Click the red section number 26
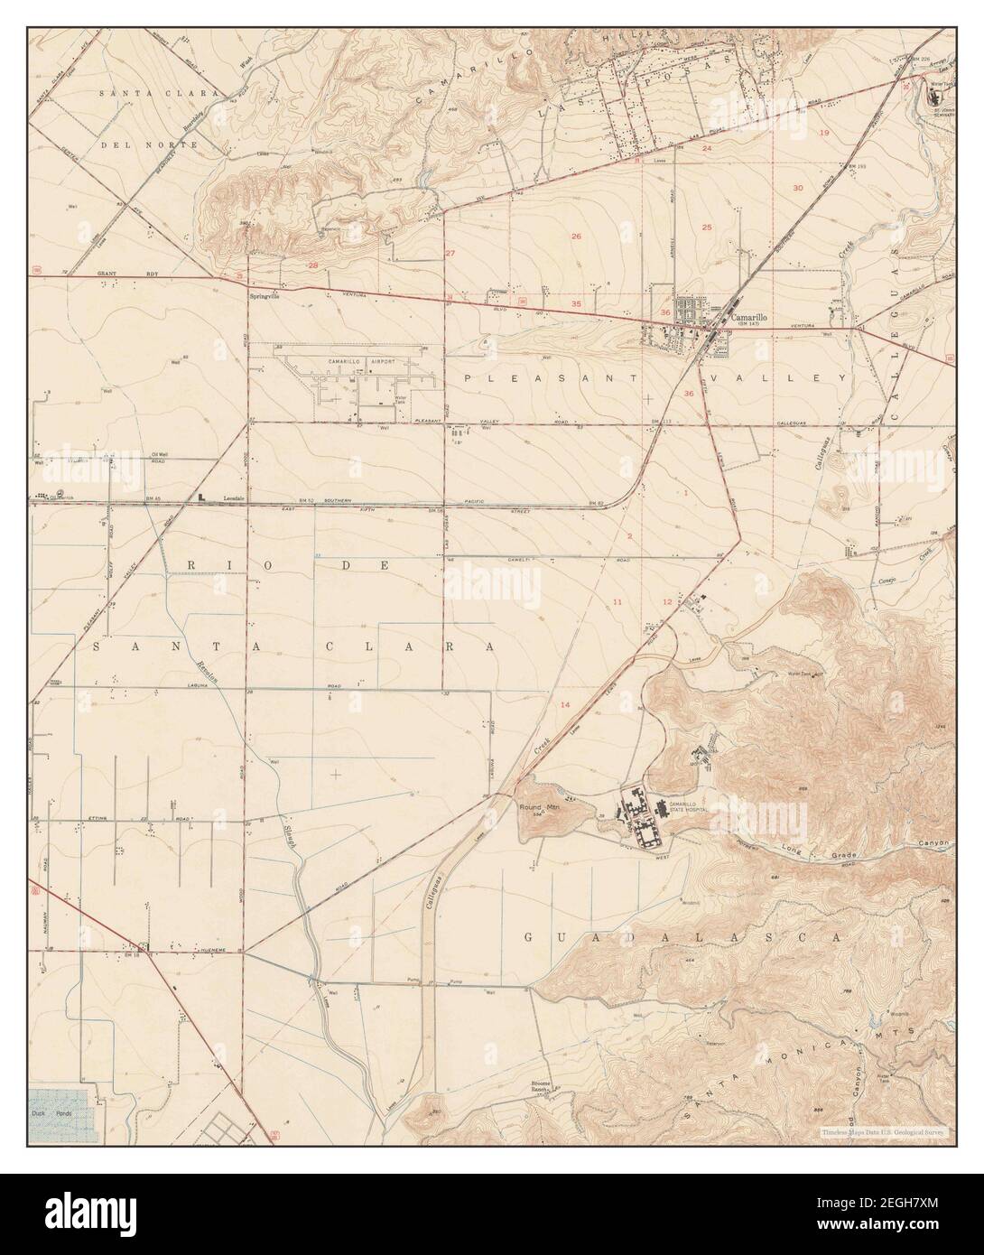pyautogui.click(x=575, y=236)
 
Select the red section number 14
pyautogui.click(x=566, y=704)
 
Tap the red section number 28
pyautogui.click(x=313, y=265)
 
